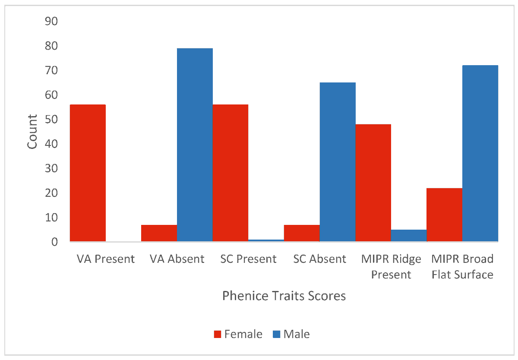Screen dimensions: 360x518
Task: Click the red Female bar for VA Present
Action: pyautogui.click(x=88, y=173)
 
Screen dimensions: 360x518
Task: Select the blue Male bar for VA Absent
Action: pyautogui.click(x=195, y=145)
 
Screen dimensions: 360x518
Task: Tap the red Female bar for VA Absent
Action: pyautogui.click(x=159, y=233)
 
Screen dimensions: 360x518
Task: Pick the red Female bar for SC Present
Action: pyautogui.click(x=231, y=173)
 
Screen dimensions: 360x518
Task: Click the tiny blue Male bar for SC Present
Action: pyautogui.click(x=266, y=240)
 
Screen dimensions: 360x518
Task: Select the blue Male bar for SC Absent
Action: pyautogui.click(x=338, y=162)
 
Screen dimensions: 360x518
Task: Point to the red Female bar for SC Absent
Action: pyautogui.click(x=302, y=233)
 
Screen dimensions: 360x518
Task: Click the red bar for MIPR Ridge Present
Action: pyautogui.click(x=373, y=183)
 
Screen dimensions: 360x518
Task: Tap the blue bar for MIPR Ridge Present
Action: pyautogui.click(x=409, y=235)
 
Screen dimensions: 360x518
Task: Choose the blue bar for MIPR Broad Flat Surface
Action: pyautogui.click(x=480, y=153)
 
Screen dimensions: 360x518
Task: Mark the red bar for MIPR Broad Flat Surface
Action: pyautogui.click(x=444, y=215)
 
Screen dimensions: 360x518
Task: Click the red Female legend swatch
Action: pyautogui.click(x=218, y=334)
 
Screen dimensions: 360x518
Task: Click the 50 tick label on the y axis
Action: pyautogui.click(x=51, y=119)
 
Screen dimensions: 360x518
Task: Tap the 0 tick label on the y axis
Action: pyautogui.click(x=54, y=242)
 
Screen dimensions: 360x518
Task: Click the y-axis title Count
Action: pyautogui.click(x=32, y=132)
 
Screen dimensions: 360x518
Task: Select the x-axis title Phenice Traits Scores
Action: pyautogui.click(x=284, y=296)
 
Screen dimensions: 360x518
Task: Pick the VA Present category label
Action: pyautogui.click(x=106, y=259)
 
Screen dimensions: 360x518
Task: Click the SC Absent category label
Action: pyautogui.click(x=319, y=259)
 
